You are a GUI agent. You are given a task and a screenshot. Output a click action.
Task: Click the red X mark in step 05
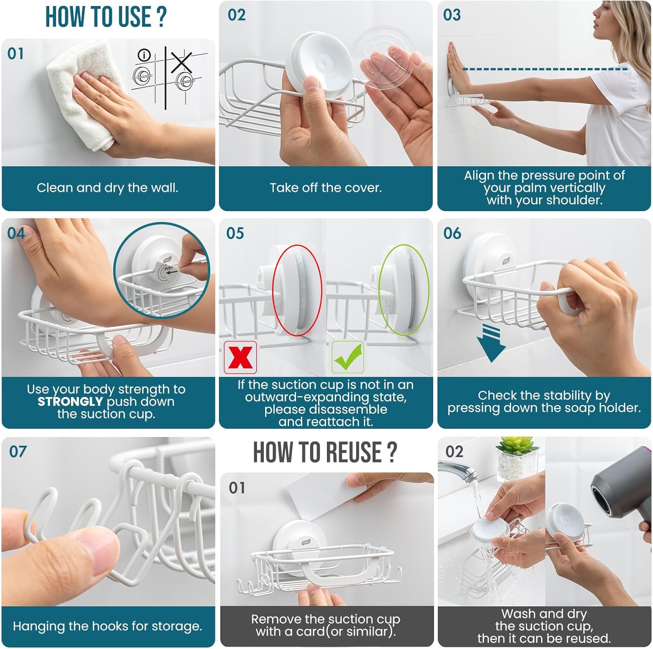(240, 357)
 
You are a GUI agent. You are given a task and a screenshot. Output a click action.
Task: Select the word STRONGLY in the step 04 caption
(70, 401)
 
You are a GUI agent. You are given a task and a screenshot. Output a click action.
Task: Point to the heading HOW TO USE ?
(106, 17)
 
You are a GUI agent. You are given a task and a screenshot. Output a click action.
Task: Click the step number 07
(18, 451)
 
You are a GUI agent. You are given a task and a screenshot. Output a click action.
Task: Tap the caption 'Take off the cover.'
(326, 188)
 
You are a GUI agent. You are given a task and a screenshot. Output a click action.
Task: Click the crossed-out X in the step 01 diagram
(181, 62)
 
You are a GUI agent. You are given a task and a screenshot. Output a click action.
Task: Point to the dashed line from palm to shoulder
(545, 69)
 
